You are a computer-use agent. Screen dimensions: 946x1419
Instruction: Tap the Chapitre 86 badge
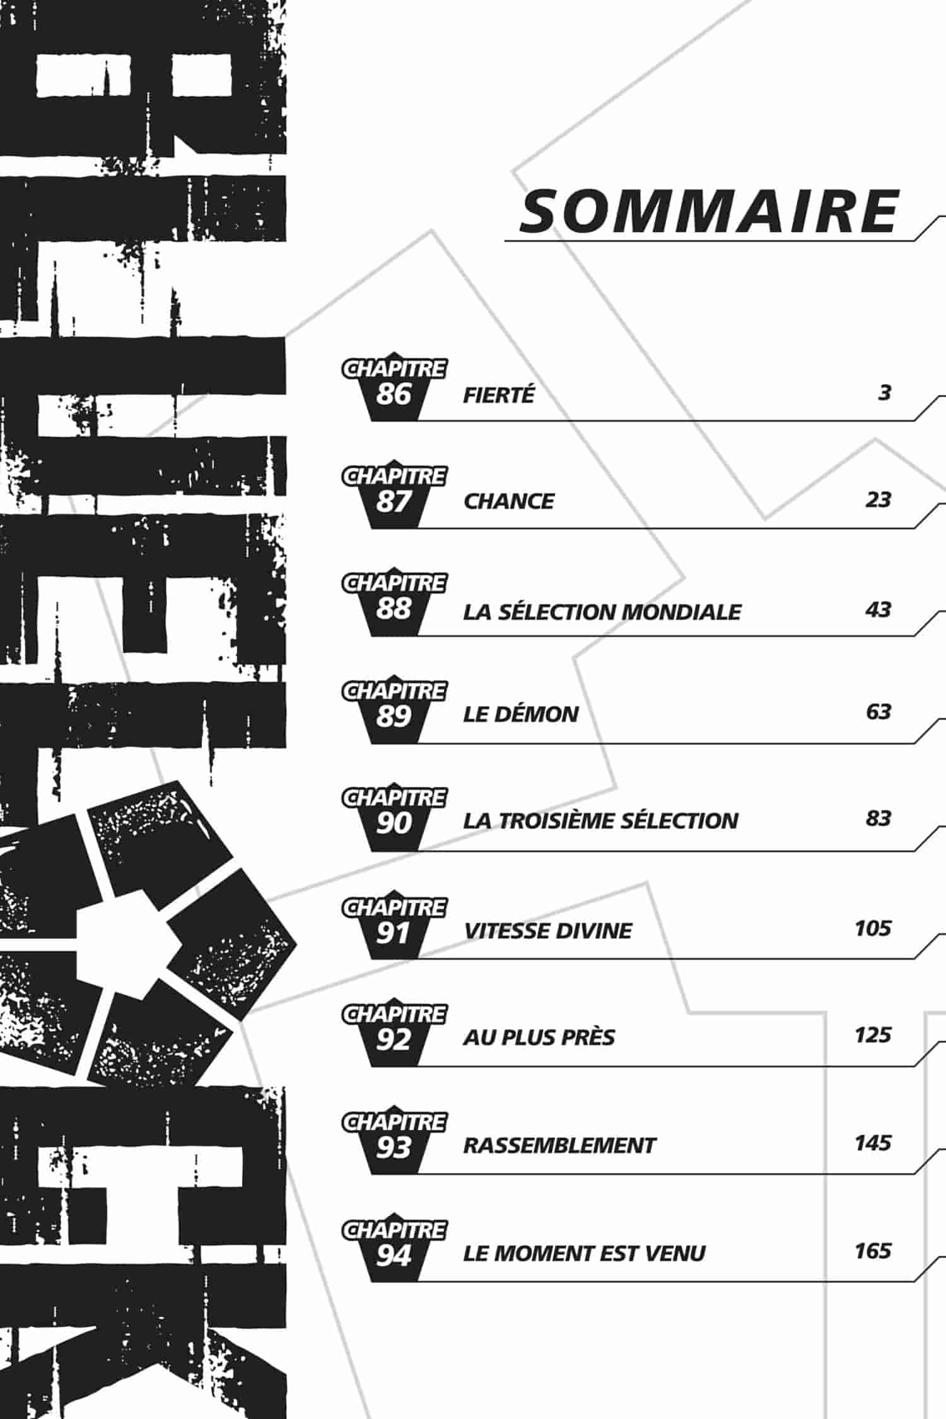click(x=394, y=387)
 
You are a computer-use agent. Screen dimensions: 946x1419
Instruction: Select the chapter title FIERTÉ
click(x=499, y=395)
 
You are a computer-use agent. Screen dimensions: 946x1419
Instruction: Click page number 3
click(x=884, y=393)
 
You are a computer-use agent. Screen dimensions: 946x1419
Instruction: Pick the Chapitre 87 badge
click(x=394, y=494)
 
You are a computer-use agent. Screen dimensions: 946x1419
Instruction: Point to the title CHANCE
click(x=508, y=501)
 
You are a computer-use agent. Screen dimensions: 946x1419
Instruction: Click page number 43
click(x=878, y=610)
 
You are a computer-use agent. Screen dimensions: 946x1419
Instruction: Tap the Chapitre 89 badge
click(x=394, y=709)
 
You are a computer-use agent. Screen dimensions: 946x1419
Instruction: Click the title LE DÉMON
click(x=521, y=714)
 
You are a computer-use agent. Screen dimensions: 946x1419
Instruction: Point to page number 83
click(x=878, y=819)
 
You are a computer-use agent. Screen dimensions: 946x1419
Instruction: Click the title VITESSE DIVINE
click(x=547, y=931)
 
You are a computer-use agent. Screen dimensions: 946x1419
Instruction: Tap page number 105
click(x=873, y=928)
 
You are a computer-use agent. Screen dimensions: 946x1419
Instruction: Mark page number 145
click(x=873, y=1143)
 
